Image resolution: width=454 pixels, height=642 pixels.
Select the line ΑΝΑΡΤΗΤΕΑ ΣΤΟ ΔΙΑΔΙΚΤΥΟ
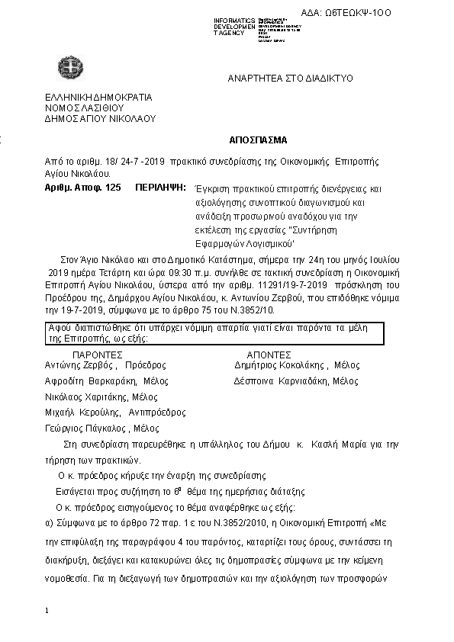point(290,79)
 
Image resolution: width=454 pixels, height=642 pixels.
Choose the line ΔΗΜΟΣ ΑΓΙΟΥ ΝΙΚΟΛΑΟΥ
point(100,119)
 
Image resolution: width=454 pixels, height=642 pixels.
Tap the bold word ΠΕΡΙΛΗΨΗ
point(161,188)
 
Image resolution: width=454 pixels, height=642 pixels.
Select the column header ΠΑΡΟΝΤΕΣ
point(97,355)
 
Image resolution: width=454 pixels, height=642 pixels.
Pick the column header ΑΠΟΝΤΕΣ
point(269,355)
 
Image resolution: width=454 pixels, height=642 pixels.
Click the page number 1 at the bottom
point(47,611)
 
